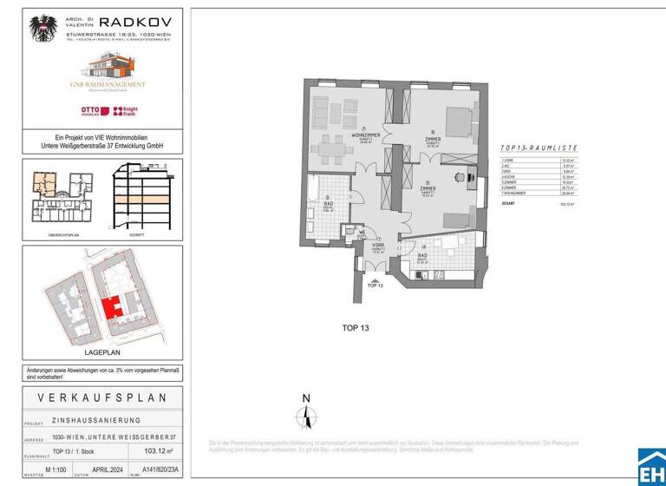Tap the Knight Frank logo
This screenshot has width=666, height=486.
[126, 111]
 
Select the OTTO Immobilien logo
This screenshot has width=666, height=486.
[92, 111]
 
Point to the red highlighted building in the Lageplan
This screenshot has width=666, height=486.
[111, 308]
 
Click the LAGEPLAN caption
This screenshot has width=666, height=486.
[101, 351]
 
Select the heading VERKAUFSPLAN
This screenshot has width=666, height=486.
[101, 397]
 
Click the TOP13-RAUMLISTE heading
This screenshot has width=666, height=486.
[539, 148]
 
